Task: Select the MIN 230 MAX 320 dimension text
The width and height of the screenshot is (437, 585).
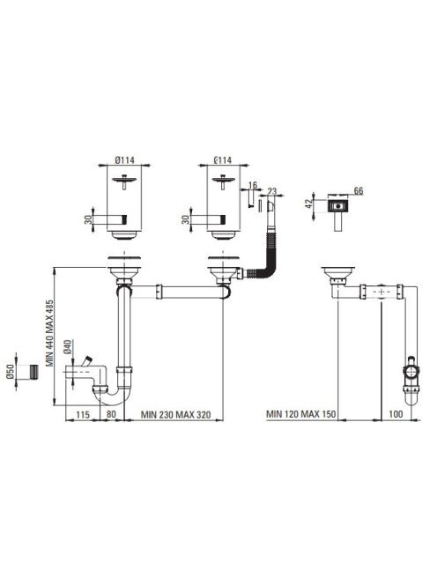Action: pyautogui.click(x=175, y=414)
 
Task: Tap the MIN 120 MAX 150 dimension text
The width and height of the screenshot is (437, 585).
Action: pyautogui.click(x=300, y=414)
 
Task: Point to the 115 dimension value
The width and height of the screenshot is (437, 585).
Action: pyautogui.click(x=83, y=414)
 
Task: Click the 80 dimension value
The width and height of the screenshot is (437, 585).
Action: pyautogui.click(x=111, y=414)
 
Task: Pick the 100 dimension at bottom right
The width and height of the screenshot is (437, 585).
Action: pyautogui.click(x=396, y=414)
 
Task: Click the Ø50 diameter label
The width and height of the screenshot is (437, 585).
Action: pyautogui.click(x=11, y=372)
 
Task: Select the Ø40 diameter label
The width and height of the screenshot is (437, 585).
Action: pyautogui.click(x=67, y=347)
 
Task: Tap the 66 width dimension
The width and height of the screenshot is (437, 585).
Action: pyautogui.click(x=359, y=191)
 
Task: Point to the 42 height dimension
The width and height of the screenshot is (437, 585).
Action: pyautogui.click(x=308, y=204)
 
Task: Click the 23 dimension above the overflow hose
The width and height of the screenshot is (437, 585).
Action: pyautogui.click(x=272, y=191)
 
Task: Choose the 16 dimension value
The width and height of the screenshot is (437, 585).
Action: pyautogui.click(x=253, y=185)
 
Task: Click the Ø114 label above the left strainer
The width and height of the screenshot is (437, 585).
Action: pyautogui.click(x=124, y=160)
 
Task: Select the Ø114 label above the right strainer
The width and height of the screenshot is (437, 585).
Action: pyautogui.click(x=222, y=160)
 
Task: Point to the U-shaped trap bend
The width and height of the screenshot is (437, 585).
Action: pyautogui.click(x=111, y=396)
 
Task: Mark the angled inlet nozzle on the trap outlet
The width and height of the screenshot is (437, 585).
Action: pyautogui.click(x=87, y=361)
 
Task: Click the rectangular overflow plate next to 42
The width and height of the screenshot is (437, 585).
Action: pyautogui.click(x=338, y=205)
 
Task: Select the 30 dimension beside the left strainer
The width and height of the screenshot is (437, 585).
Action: pyautogui.click(x=88, y=219)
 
